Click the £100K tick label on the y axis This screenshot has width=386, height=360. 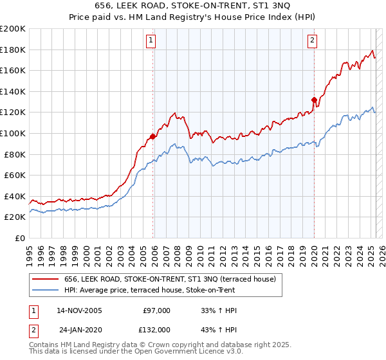click(x=13, y=133)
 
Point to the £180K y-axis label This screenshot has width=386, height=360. click(x=13, y=50)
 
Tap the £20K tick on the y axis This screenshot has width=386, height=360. click(x=15, y=217)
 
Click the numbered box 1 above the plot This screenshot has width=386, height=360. click(x=151, y=40)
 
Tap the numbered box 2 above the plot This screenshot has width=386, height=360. click(x=312, y=40)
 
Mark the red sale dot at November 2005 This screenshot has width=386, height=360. click(x=153, y=136)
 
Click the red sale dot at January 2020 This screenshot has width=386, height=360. click(x=314, y=100)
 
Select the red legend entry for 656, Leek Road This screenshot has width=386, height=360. click(x=170, y=278)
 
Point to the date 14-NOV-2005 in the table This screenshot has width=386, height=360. click(x=79, y=310)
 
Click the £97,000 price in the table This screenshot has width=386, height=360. click(x=156, y=310)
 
